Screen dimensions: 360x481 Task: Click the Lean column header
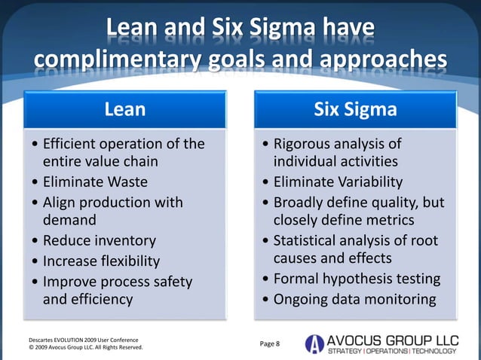pyautogui.click(x=125, y=110)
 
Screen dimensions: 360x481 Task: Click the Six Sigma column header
pyautogui.click(x=355, y=110)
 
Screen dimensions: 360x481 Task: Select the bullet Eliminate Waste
pyautogui.click(x=94, y=182)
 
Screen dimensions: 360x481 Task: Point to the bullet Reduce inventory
pyautogui.click(x=99, y=241)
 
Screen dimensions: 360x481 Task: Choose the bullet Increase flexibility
pyautogui.click(x=101, y=261)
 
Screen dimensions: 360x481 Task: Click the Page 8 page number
pyautogui.click(x=269, y=344)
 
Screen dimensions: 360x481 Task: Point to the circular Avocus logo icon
pyautogui.click(x=314, y=344)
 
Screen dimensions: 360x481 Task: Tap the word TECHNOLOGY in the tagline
pyautogui.click(x=434, y=352)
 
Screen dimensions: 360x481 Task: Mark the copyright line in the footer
pyautogui.click(x=84, y=348)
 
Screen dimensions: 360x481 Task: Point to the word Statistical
pyautogui.click(x=308, y=241)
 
